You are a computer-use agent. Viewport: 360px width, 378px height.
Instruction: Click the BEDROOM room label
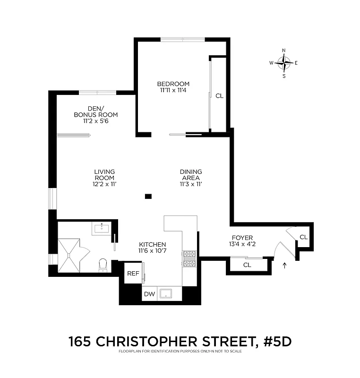[173, 84]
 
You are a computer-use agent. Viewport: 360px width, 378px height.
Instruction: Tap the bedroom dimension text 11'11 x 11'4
[173, 90]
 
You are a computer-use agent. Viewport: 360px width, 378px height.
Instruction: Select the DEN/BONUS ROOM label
[95, 112]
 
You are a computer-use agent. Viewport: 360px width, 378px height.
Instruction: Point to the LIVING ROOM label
[104, 175]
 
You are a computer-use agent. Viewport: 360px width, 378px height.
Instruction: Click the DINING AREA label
[191, 175]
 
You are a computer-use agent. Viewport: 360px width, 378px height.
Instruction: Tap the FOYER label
[242, 238]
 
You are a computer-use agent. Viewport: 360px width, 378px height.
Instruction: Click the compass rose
[284, 62]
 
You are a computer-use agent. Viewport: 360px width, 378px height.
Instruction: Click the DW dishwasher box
[149, 293]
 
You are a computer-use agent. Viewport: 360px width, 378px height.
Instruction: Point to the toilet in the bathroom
[103, 266]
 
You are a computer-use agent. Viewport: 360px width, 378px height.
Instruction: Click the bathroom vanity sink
[102, 229]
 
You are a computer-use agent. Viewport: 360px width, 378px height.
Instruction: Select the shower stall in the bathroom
[70, 255]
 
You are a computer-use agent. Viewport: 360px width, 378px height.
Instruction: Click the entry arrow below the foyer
[284, 266]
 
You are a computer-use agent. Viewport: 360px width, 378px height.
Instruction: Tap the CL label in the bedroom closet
[219, 96]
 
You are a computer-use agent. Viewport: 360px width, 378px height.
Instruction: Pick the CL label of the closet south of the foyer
[247, 265]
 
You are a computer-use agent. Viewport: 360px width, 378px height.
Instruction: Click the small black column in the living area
[148, 197]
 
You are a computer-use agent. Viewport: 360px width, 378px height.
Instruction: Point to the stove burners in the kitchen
[189, 259]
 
